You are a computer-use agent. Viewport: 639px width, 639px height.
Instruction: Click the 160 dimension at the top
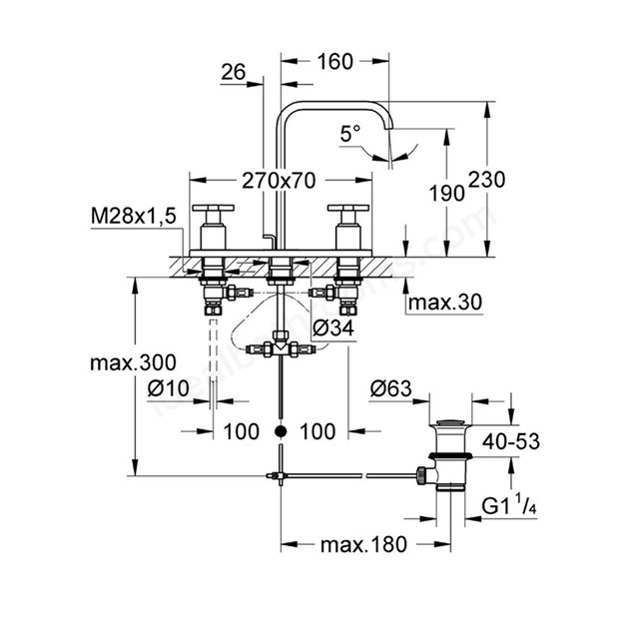coord(335,62)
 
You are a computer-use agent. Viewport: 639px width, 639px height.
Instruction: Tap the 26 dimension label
coord(234,72)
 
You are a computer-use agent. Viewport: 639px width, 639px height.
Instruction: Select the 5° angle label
coord(350,134)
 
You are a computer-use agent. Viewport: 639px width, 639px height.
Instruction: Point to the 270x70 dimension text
coord(279,181)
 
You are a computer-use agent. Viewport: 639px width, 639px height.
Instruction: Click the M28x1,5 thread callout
coord(133,216)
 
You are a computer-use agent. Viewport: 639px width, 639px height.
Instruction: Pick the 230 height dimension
coord(486,180)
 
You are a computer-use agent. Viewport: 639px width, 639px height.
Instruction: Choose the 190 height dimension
coord(447,193)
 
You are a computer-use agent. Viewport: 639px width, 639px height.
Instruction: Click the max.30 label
coord(445,302)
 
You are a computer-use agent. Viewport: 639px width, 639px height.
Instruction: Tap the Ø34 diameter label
coord(333,327)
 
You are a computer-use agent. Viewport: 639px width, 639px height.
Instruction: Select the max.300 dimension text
coord(133,362)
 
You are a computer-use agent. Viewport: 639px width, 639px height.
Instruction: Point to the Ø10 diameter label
coord(169,388)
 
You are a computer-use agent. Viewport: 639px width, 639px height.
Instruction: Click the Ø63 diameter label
coord(390,388)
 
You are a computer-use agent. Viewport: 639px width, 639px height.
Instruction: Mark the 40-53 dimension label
coord(511,441)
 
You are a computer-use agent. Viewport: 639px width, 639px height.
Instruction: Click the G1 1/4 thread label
coord(509,506)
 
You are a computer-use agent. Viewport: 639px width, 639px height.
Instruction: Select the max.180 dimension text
coord(363,544)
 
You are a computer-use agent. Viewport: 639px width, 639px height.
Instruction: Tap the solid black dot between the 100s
coord(281,431)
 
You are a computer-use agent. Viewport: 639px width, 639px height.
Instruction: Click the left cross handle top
coord(214,209)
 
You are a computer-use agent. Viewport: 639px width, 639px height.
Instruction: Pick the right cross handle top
coord(348,209)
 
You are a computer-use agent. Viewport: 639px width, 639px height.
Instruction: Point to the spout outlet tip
coord(389,129)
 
